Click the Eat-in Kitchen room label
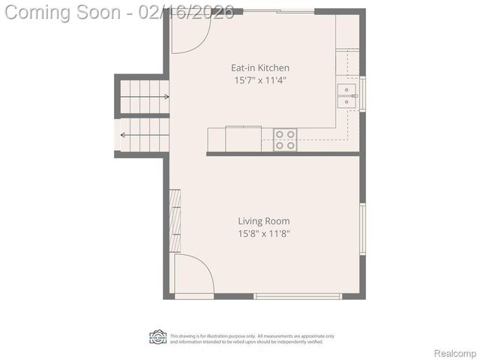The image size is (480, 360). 259,67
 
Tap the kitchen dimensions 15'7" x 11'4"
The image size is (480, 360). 259,79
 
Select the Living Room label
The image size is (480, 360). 264,221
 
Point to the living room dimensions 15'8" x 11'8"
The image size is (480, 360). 264,233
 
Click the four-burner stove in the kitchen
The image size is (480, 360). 285,139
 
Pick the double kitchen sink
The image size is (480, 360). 346,97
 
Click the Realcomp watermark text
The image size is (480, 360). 455,352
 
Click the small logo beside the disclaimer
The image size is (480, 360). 157,337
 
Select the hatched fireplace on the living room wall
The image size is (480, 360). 175,220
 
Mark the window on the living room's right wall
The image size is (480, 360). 363,229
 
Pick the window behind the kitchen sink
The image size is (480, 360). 363,94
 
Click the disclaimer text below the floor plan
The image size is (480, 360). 252,339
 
